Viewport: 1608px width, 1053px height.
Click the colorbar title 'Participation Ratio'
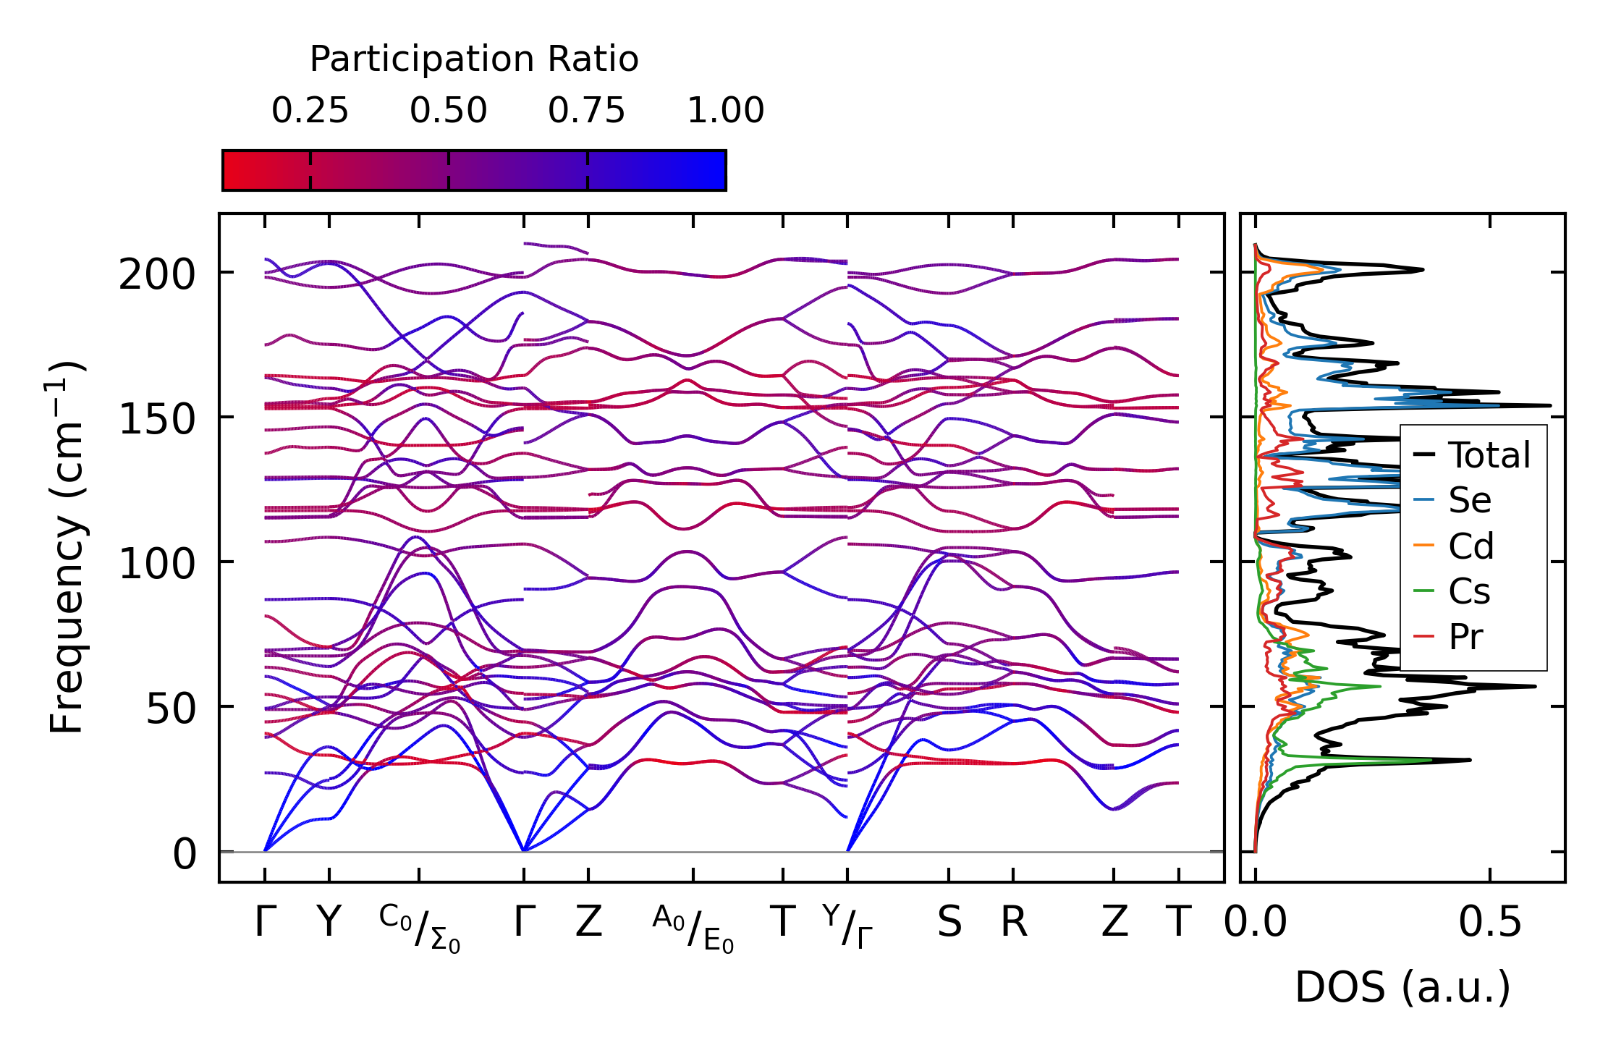pos(474,59)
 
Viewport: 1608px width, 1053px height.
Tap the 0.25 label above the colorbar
pos(310,111)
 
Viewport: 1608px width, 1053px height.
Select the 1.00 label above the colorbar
pos(725,111)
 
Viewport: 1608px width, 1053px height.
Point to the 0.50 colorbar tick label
pos(448,111)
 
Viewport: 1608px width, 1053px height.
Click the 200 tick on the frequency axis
pos(157,275)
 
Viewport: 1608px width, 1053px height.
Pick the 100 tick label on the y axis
pos(157,564)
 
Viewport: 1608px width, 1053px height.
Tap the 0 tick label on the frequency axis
pos(185,854)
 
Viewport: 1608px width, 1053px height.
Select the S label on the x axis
pos(949,922)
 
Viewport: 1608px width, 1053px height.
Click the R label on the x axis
pos(1014,922)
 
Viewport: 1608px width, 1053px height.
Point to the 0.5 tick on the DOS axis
pos(1490,922)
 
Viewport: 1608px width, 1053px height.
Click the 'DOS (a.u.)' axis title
pos(1402,987)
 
